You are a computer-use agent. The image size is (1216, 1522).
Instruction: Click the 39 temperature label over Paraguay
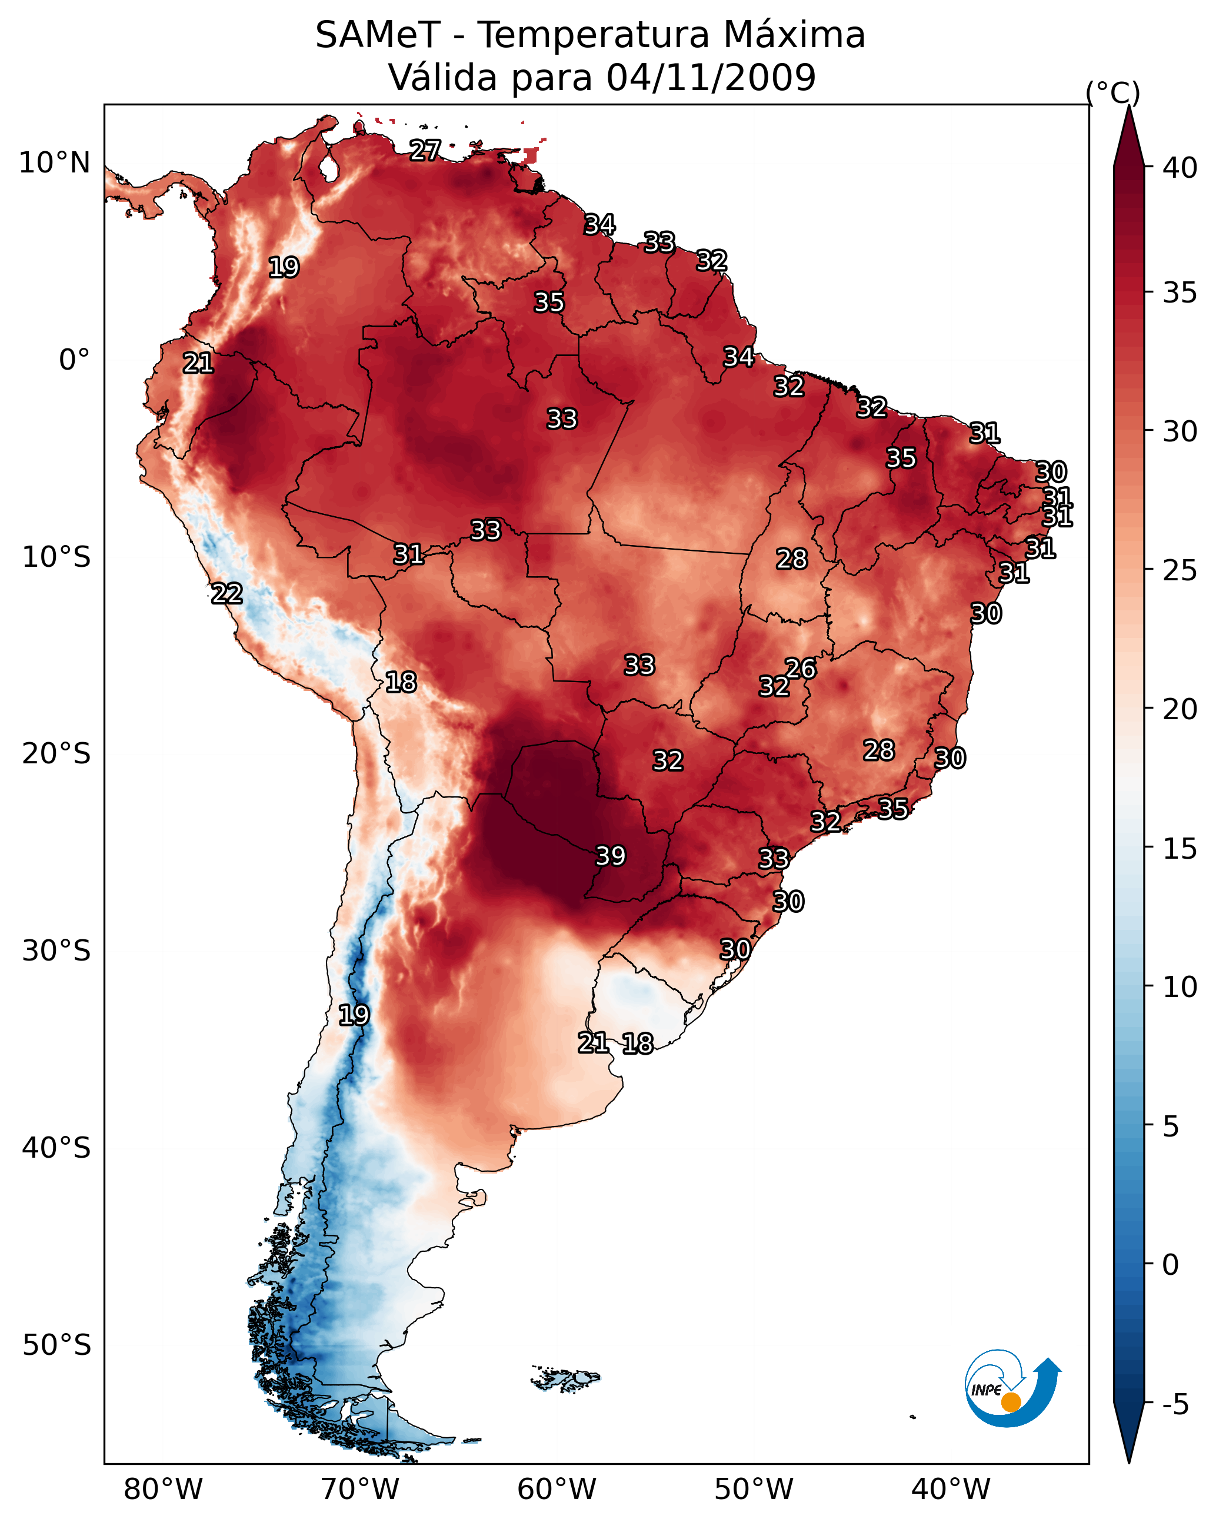(x=611, y=856)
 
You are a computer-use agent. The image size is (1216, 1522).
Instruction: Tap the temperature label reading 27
(x=425, y=149)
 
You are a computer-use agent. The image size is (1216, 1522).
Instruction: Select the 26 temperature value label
(x=800, y=668)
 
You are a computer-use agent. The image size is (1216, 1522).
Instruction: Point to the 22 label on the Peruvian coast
(x=227, y=593)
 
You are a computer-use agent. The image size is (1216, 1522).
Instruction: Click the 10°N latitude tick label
(x=54, y=163)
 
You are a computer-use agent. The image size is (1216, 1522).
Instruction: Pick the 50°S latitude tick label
(x=56, y=1345)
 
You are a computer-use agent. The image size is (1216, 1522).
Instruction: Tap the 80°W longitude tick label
(x=163, y=1489)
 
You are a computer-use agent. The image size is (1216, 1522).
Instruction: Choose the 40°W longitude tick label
(x=951, y=1489)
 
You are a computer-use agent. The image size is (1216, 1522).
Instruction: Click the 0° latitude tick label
(x=74, y=360)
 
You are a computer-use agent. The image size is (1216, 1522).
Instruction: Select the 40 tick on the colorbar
(x=1180, y=168)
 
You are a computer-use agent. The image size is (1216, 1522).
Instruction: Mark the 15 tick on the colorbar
(x=1180, y=849)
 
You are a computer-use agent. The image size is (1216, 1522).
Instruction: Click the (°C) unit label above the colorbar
(x=1113, y=92)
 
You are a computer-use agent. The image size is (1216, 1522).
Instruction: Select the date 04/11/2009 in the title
(x=711, y=77)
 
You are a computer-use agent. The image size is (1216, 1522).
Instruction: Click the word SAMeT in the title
(x=378, y=35)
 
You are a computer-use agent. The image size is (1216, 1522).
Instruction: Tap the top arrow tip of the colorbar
(x=1129, y=106)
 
